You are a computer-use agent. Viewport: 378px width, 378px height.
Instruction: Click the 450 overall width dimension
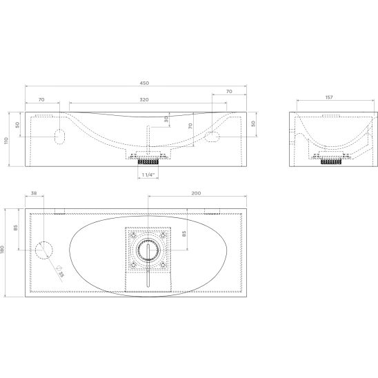coord(144,83)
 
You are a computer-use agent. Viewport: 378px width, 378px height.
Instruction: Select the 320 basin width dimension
coord(144,99)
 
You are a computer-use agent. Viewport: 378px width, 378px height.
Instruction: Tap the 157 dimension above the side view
coord(329,97)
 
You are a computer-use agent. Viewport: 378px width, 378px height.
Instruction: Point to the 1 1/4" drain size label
coord(148,175)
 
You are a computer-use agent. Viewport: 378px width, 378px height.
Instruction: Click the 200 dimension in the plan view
coord(196,193)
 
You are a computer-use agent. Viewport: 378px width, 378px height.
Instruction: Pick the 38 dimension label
coord(34,193)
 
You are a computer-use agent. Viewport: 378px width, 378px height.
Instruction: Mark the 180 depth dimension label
coord(3,250)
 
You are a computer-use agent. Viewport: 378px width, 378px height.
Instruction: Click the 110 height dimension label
coord(6,141)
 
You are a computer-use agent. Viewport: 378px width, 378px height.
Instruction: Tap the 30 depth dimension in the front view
coord(166,119)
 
